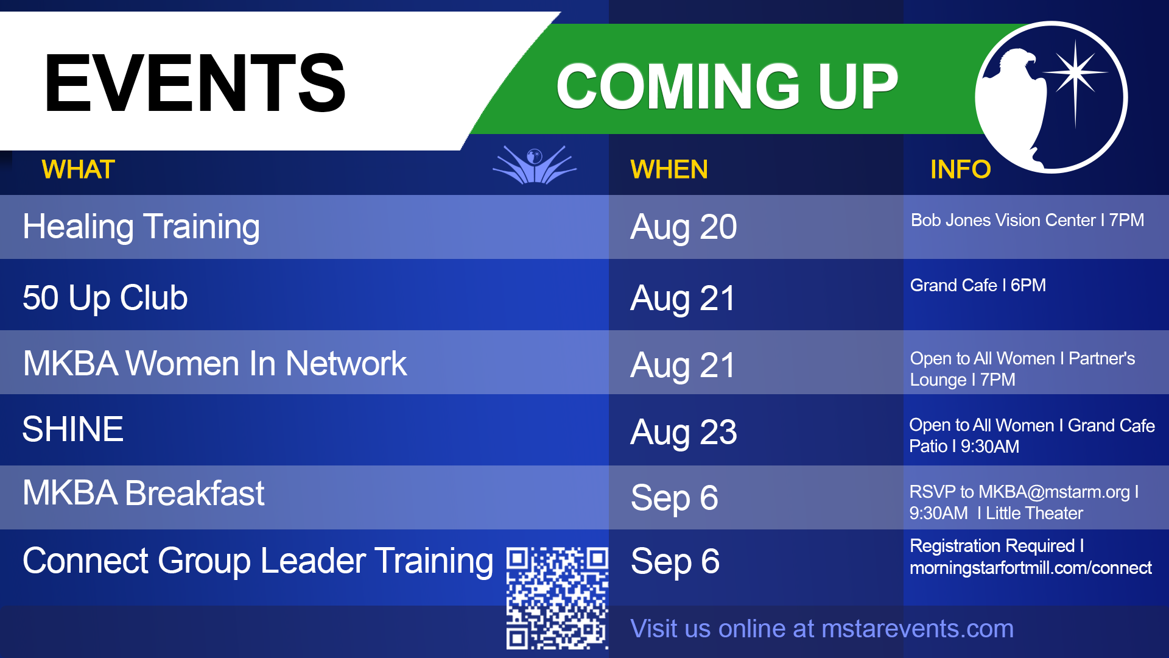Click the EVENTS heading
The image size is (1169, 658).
pos(195,83)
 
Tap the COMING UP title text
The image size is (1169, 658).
pos(727,86)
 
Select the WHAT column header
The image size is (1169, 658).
pos(79,169)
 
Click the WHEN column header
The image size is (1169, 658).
pos(669,169)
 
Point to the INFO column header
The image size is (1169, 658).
pos(960,169)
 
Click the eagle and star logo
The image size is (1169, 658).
pos(1051,97)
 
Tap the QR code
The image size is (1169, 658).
pos(557,598)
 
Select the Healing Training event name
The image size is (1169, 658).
pos(141,227)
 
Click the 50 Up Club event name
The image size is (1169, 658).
pos(105,298)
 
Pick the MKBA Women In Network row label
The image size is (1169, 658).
pos(215,364)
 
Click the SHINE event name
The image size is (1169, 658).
pos(73,429)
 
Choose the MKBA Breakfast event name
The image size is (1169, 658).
pos(144,493)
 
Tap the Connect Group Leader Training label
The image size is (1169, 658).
pos(258,561)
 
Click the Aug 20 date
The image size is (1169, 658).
pos(684,228)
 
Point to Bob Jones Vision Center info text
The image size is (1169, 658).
pos(1003,220)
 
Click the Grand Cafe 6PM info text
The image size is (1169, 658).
pos(978,285)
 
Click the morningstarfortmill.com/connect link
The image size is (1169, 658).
pos(1031,568)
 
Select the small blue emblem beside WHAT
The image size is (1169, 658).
pos(535,164)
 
